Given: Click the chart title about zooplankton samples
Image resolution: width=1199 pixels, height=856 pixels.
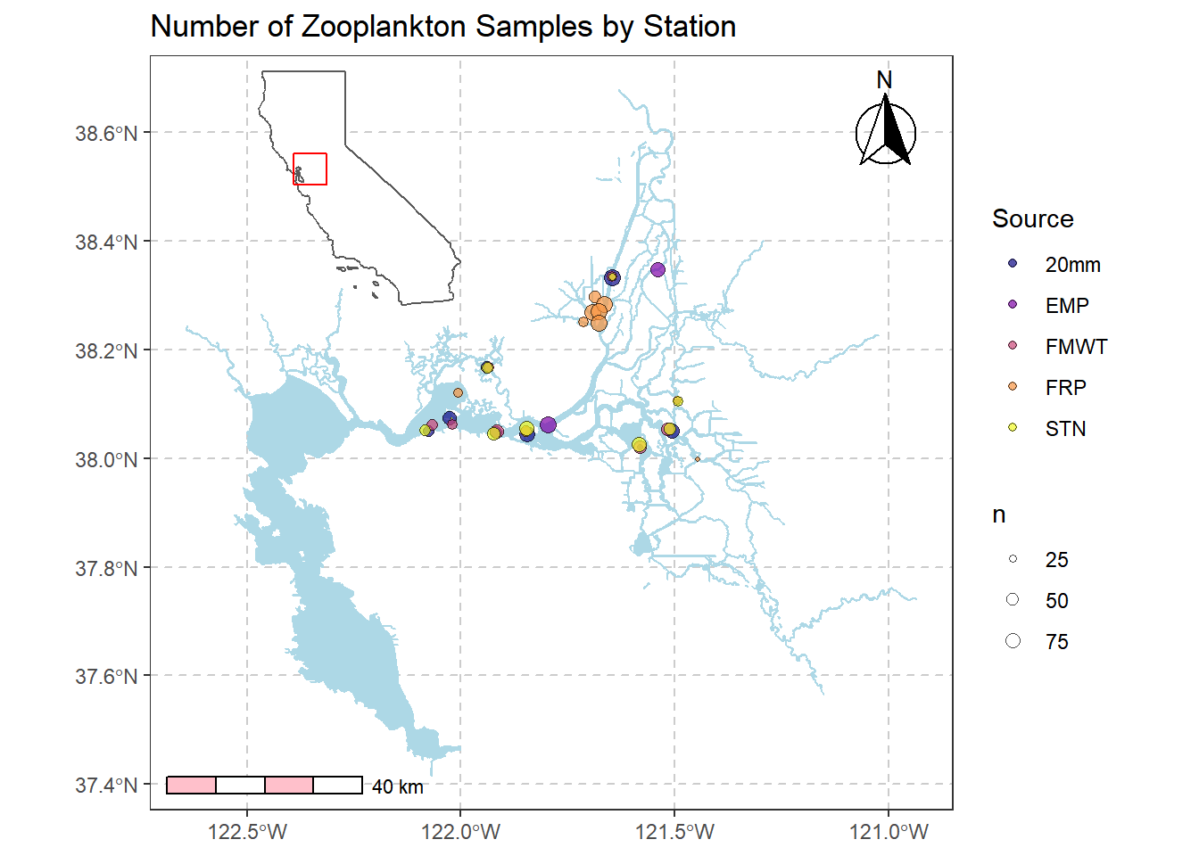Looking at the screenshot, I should pos(442,27).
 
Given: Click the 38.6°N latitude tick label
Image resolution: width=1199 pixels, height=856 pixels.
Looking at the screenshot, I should pos(106,134).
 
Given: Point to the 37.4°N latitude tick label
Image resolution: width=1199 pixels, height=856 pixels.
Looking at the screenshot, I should pos(106,786).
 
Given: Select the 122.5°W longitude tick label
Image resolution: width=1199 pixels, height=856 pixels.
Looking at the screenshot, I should pos(247,833).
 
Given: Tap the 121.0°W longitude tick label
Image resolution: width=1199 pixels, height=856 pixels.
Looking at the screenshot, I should pos(889,833).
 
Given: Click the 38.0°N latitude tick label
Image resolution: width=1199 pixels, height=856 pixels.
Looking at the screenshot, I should pos(106,460).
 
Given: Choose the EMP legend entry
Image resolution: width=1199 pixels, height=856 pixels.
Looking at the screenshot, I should pos(1067,306).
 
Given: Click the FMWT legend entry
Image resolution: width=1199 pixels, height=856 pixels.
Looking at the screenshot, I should pos(1076,347).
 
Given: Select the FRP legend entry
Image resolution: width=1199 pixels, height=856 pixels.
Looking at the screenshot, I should pos(1065,388).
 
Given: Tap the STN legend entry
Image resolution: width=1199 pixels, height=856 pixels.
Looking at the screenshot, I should pos(1065,429).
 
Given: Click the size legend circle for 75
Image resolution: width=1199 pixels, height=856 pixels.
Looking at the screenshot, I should pos(1013,641).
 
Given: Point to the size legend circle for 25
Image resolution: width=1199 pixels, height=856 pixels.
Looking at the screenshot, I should pos(1013,559).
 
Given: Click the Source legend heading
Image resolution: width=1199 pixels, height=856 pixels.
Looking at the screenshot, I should pos(1032,219).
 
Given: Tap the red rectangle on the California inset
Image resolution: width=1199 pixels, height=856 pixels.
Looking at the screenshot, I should pos(310,169).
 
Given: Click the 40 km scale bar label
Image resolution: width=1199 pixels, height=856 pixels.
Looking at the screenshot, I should pos(398,787).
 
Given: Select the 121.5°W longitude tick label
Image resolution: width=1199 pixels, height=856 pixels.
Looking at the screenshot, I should pos(674,833).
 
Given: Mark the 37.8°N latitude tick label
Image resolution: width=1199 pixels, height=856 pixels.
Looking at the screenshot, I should pos(106,569).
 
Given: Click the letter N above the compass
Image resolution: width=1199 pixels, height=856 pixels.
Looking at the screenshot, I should pos(884,80).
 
